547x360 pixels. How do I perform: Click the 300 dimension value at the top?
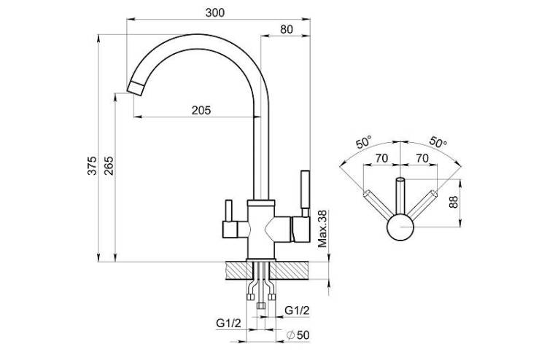[x=215, y=13]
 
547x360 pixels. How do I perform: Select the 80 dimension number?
[x=287, y=30]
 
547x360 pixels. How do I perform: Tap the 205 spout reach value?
[x=201, y=111]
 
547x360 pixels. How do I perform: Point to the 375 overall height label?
[x=92, y=165]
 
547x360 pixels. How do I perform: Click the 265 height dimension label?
[x=109, y=165]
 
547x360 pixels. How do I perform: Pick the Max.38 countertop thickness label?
[x=322, y=229]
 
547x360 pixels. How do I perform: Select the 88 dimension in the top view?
[x=453, y=202]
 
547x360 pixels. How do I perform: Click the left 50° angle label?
[x=364, y=143]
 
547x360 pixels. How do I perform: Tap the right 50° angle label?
[x=438, y=141]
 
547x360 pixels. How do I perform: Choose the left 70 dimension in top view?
[x=381, y=158]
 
